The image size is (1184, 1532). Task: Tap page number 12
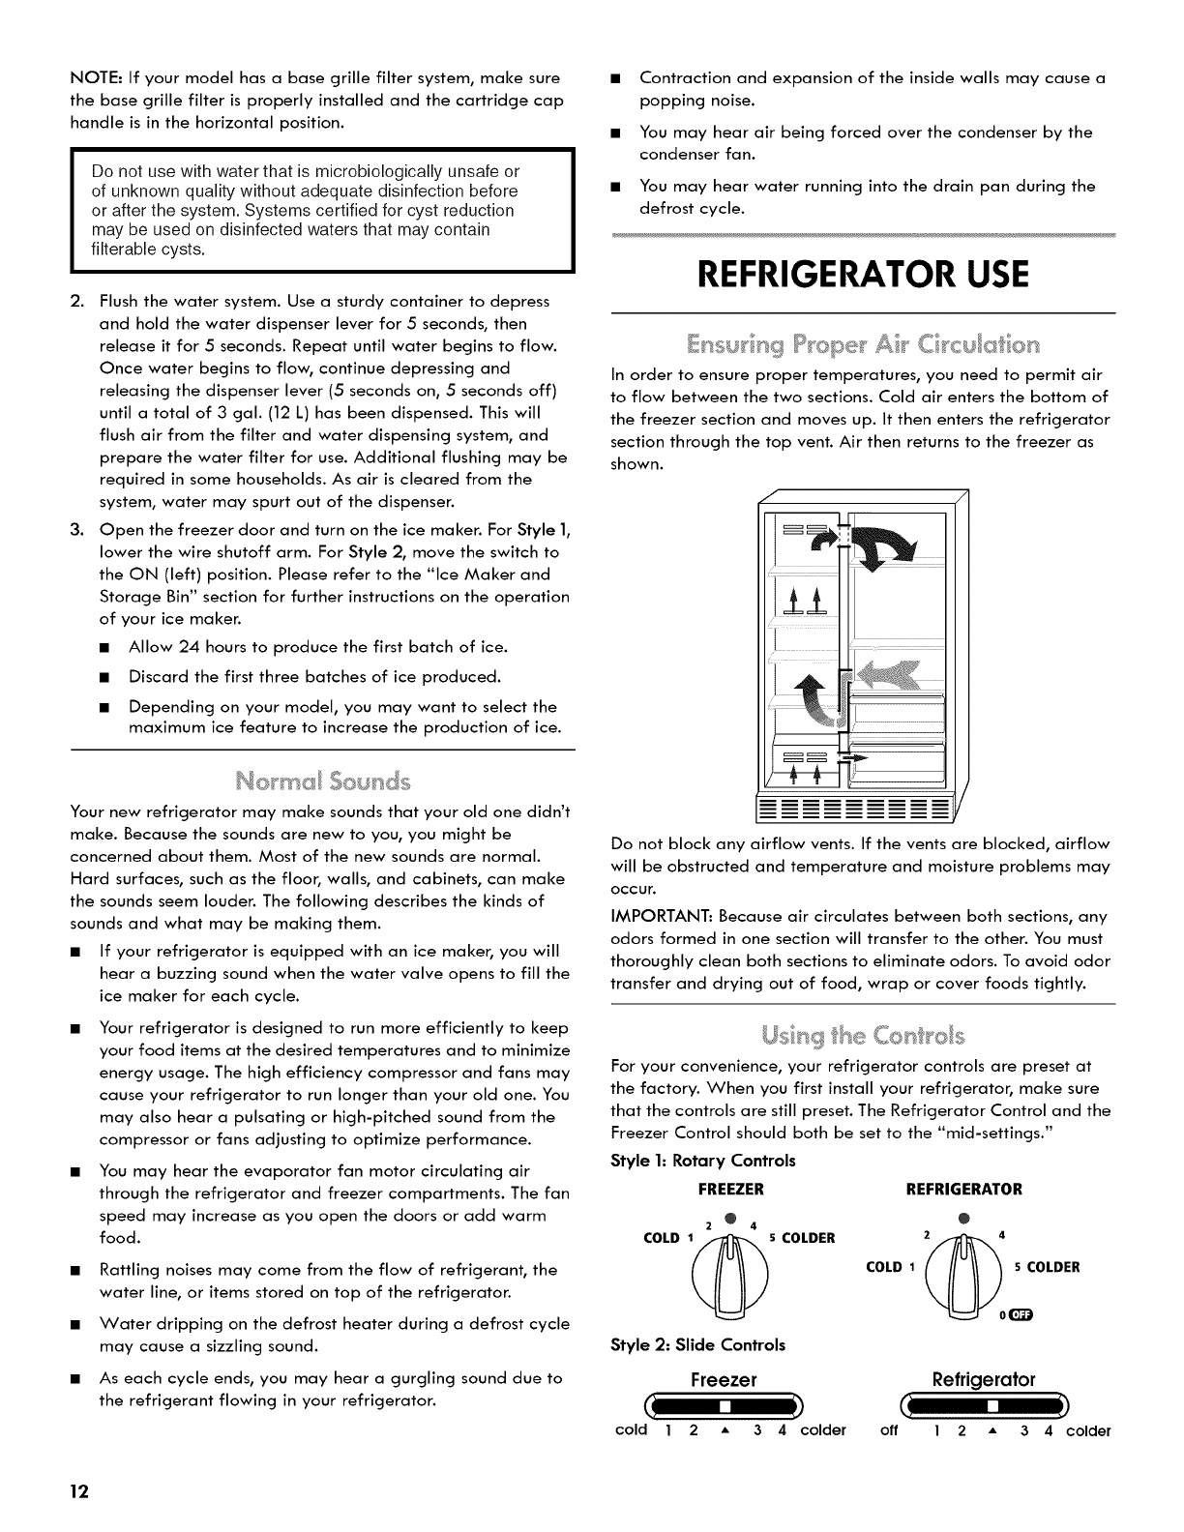(78, 1492)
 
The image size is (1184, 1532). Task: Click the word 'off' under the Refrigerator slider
(891, 1430)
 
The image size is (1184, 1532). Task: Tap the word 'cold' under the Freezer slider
(631, 1430)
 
